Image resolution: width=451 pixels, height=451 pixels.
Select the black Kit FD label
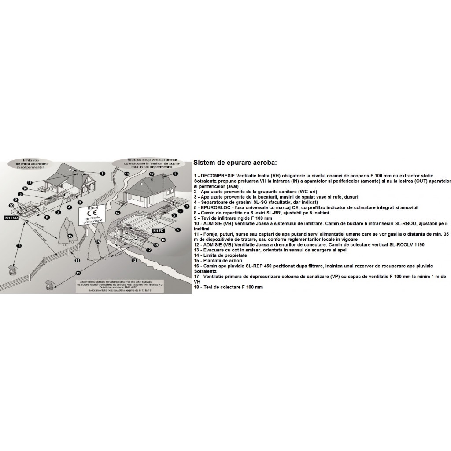point(158,230)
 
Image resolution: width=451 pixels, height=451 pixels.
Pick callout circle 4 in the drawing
point(69,207)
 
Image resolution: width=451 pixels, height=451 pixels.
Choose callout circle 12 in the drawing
point(149,250)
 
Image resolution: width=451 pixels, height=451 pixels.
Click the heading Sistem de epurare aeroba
point(235,162)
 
